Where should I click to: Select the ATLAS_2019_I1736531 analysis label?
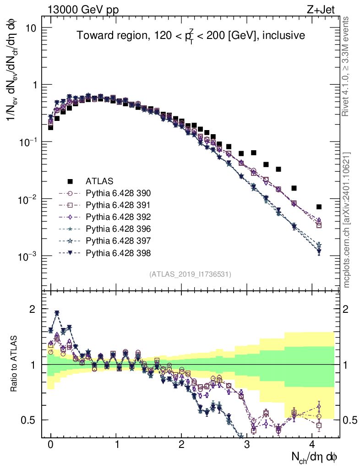190,274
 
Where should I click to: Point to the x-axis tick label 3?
247,445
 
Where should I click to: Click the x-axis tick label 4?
312,445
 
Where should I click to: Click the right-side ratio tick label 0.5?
350,420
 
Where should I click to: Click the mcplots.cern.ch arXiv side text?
347,220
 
